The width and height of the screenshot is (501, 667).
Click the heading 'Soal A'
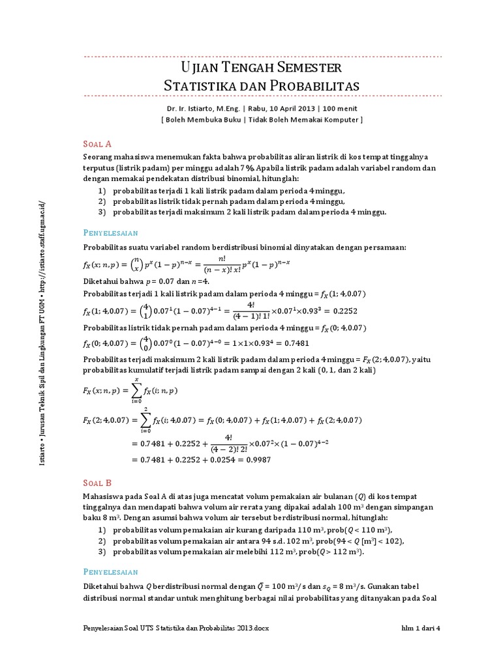[x=98, y=144]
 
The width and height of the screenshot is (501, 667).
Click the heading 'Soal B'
[x=98, y=483]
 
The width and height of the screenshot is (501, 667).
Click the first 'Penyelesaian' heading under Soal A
[x=111, y=232]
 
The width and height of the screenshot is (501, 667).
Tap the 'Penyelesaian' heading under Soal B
[x=111, y=571]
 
